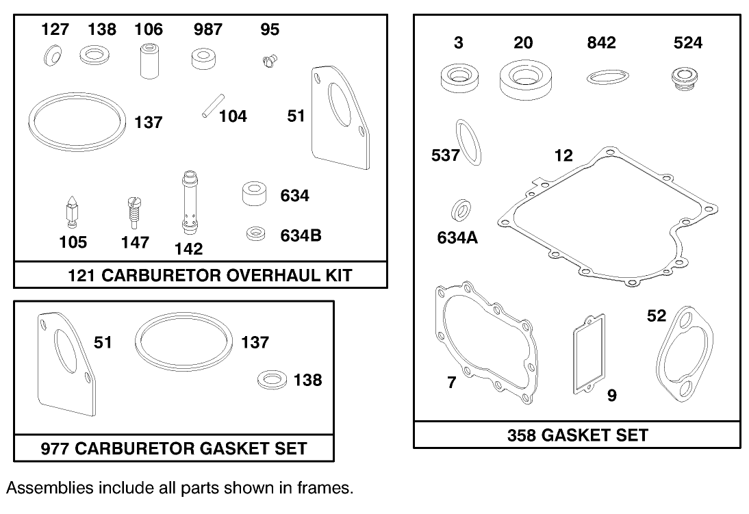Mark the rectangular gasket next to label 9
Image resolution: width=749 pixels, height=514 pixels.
588,354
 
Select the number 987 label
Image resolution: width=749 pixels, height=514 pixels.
207,29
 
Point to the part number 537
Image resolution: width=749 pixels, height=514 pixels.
445,155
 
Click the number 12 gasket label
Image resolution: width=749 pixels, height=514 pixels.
563,155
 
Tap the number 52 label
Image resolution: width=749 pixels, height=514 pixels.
656,316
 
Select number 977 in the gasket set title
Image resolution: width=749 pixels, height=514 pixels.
55,448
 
